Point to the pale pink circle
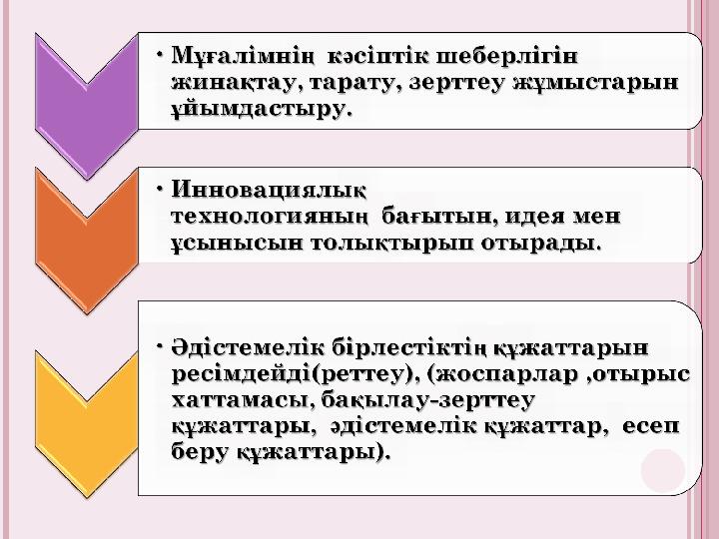click(x=663, y=471)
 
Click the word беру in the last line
click(x=201, y=453)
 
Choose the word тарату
click(x=354, y=84)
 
